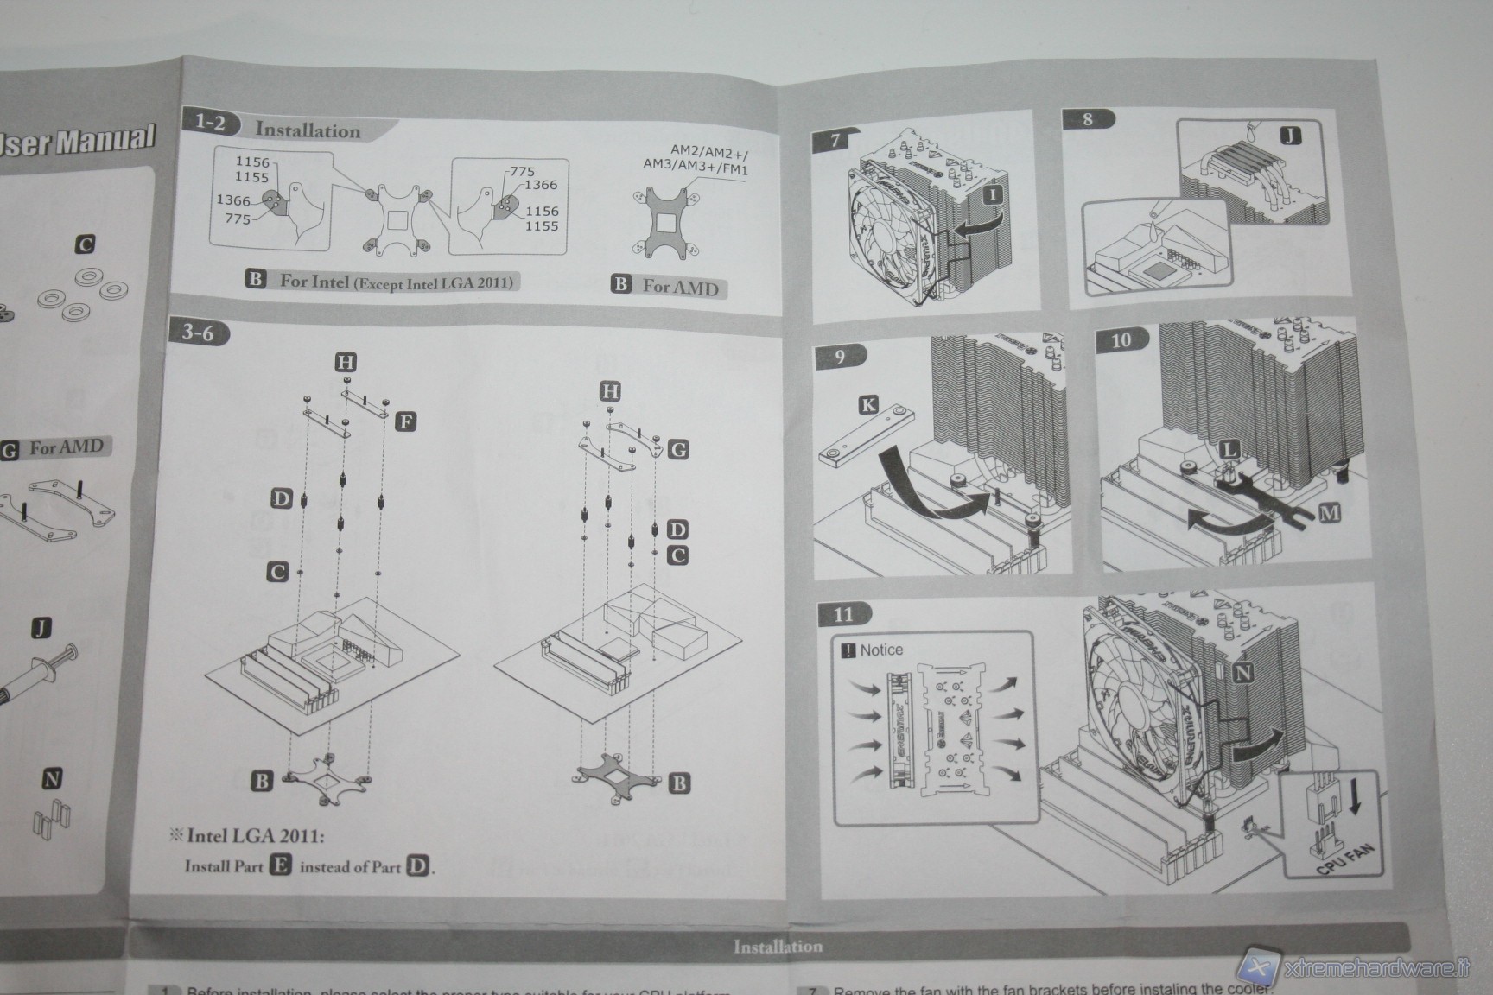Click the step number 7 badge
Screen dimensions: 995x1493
835,140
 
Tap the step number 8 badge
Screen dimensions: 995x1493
1087,119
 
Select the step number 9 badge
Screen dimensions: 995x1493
840,356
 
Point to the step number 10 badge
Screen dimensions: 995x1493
1121,339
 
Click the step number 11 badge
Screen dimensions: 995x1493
843,614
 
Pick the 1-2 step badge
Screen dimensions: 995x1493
209,123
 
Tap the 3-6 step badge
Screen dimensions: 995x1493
198,333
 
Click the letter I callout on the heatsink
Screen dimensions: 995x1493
992,194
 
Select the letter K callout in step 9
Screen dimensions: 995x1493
868,404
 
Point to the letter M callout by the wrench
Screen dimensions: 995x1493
1329,514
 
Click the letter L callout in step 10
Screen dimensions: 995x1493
1229,448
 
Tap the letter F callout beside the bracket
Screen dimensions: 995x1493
405,421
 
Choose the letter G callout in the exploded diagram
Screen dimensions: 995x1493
678,449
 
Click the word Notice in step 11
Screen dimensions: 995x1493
880,650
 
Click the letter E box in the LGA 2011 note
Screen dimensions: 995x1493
280,865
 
